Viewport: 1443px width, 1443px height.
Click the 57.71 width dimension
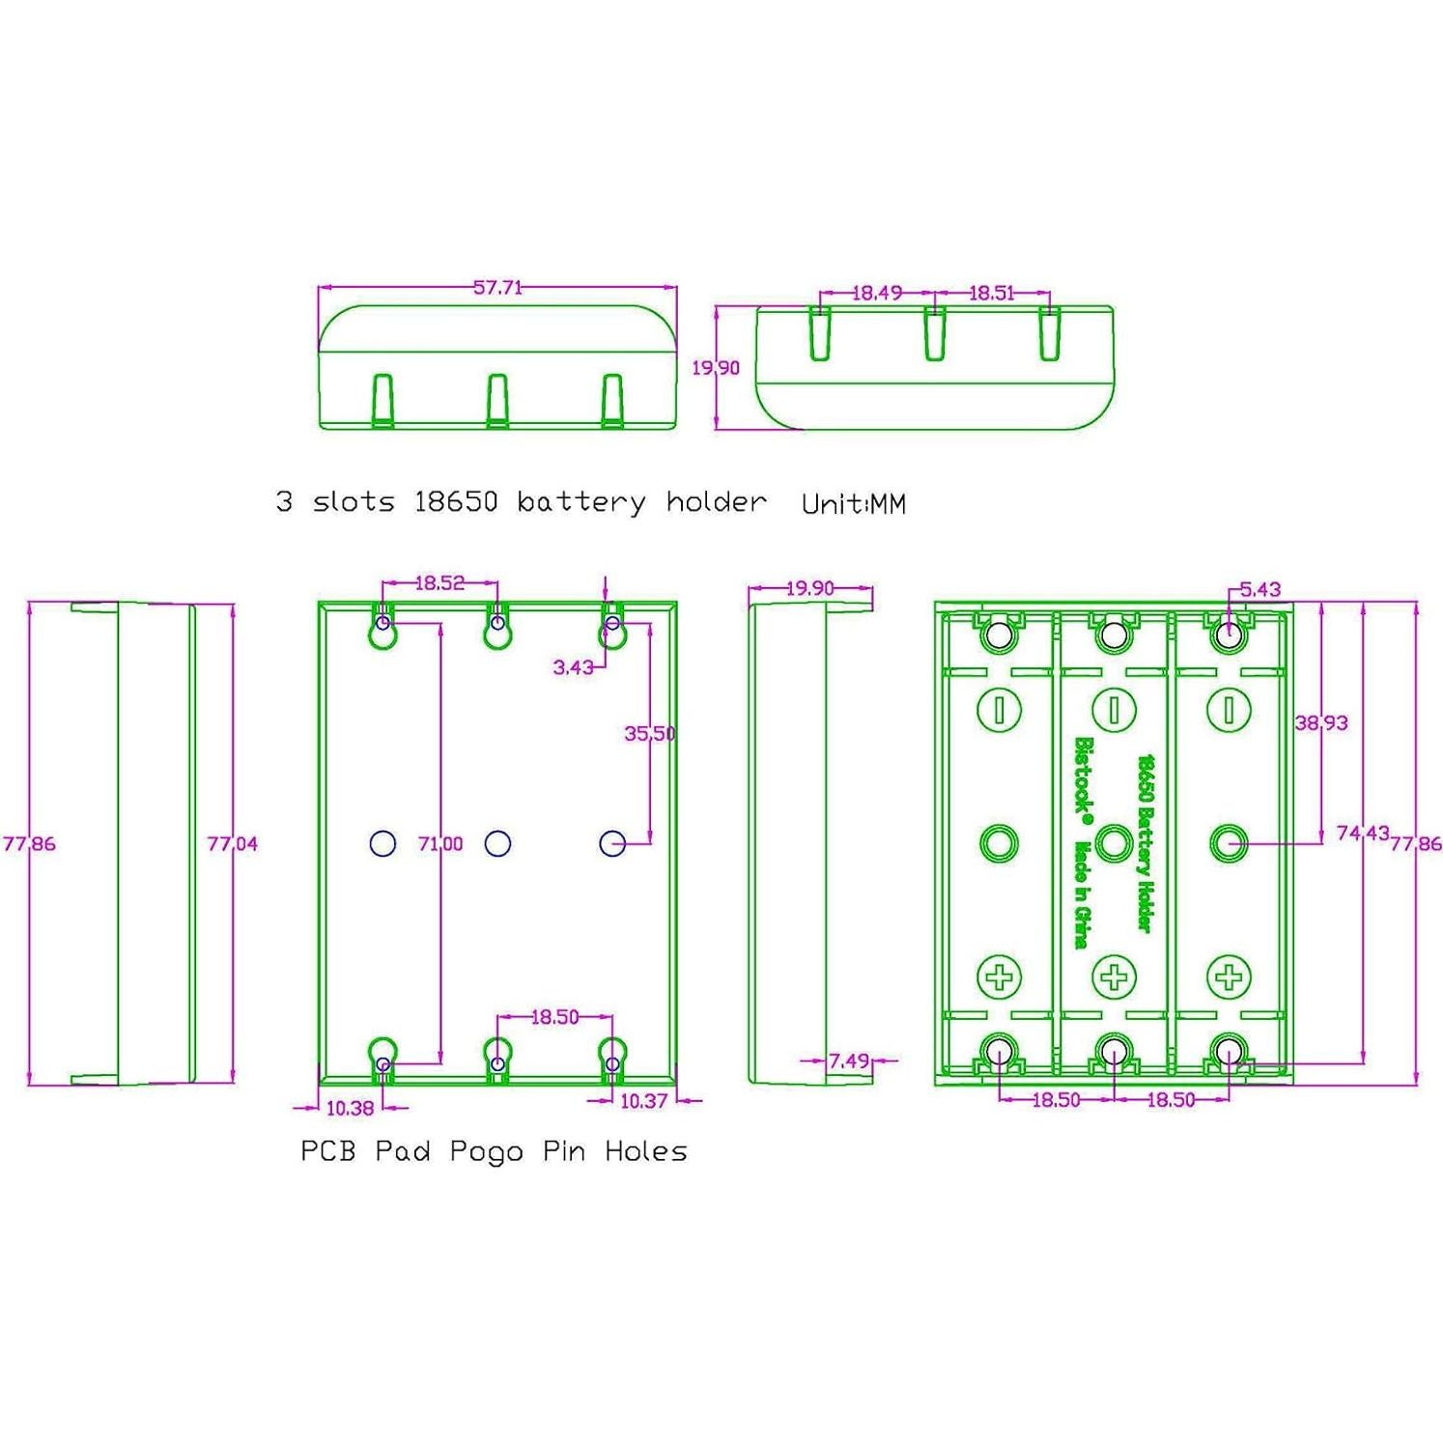[x=497, y=287]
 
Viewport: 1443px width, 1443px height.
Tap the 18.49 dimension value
[x=876, y=293]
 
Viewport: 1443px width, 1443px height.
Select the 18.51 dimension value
[x=991, y=293]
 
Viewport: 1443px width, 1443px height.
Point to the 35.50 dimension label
[x=649, y=733]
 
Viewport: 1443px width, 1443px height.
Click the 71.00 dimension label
[x=440, y=843]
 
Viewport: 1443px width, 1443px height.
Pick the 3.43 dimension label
[x=573, y=666]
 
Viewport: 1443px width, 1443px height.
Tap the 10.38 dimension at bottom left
[x=350, y=1108]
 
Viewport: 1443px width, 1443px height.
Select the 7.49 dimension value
[x=849, y=1061]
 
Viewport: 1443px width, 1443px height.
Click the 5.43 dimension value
[x=1259, y=589]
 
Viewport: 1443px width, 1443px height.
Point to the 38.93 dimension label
[x=1320, y=722]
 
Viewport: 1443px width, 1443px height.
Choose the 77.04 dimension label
[x=233, y=843]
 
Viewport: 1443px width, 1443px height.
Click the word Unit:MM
[x=854, y=504]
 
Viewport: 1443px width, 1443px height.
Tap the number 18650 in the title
[x=456, y=501]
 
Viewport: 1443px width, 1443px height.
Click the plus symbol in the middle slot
[x=1114, y=976]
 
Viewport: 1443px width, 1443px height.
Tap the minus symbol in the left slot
[x=999, y=710]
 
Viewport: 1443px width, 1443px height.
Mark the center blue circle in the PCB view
[x=497, y=843]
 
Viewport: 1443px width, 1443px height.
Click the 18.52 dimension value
[x=439, y=582]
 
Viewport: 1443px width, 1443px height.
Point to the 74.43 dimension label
[x=1362, y=833]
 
